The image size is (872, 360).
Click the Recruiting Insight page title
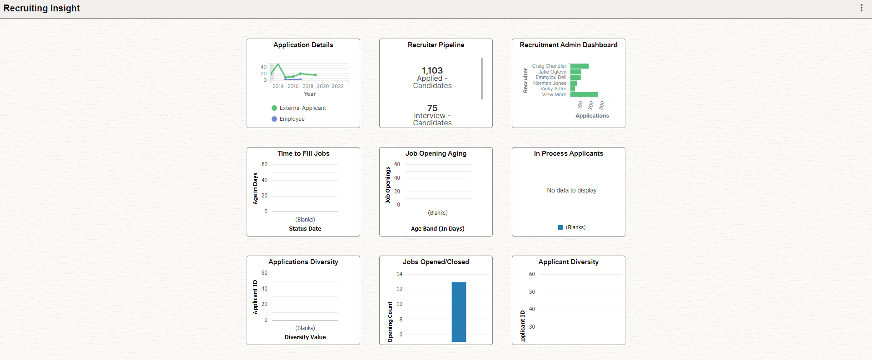coord(42,8)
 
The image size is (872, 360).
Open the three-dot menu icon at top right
coord(861,8)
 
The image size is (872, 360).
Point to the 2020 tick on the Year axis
coord(323,86)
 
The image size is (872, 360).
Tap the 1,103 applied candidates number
coord(432,70)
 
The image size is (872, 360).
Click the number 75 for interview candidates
coord(432,108)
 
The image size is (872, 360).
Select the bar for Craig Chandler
coord(580,66)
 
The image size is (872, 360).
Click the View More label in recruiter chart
coord(554,94)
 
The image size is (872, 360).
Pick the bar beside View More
coord(584,94)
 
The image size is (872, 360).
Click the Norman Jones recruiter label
coord(550,83)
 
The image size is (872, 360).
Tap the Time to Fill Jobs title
coord(303,153)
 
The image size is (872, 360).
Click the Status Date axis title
coord(305,229)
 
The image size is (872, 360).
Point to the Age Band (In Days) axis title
coord(437,229)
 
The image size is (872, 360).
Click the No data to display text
coord(571,190)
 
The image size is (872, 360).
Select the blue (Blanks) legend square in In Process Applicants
coord(560,227)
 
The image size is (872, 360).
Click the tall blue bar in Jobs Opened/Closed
coord(459,311)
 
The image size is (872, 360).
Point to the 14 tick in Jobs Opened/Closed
coord(399,274)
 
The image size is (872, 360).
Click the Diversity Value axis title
coord(305,337)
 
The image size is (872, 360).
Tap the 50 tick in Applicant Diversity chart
coord(532,292)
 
